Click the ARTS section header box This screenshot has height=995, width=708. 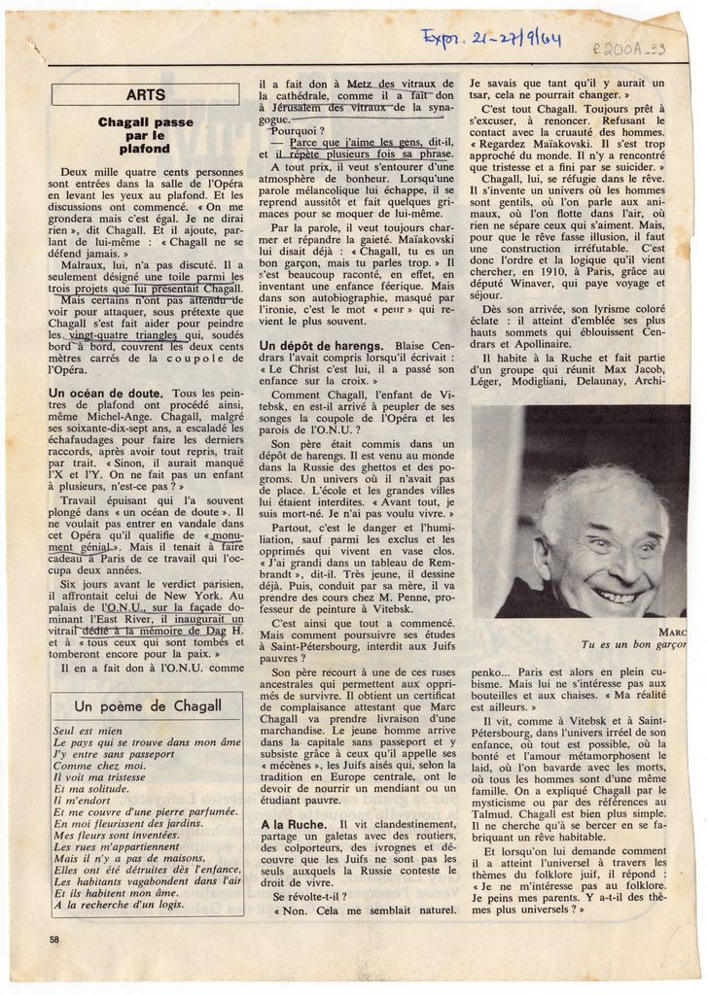coord(145,94)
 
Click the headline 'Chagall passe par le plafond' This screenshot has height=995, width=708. coord(145,136)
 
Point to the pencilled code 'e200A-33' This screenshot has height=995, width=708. coord(626,48)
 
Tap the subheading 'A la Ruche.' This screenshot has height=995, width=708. coord(292,824)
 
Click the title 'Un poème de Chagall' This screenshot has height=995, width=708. coord(148,705)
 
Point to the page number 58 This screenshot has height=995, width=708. coord(54,939)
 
